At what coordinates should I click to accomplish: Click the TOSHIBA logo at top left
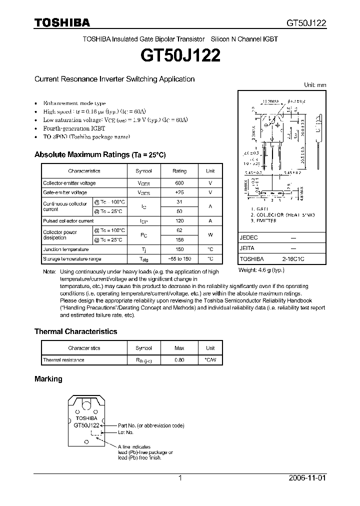(62, 22)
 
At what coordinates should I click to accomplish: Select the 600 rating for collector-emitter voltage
(179, 183)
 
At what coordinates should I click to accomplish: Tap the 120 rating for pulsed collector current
(179, 220)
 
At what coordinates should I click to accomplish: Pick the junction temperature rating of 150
(179, 249)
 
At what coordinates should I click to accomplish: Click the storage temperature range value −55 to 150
(179, 259)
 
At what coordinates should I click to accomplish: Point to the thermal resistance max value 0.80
(179, 360)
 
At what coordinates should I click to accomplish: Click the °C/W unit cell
(210, 360)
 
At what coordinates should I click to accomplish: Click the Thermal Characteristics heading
(75, 331)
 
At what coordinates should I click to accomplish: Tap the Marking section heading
(48, 379)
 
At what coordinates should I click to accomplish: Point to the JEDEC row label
(248, 238)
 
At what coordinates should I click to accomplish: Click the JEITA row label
(247, 248)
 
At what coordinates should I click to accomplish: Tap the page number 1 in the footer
(180, 478)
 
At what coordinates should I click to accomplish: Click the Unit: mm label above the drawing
(315, 85)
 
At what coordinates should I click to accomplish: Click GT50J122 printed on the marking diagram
(86, 425)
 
